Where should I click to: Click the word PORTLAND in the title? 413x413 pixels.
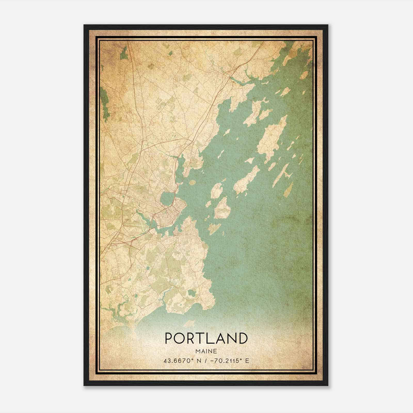click(206, 338)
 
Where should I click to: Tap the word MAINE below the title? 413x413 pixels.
click(206, 351)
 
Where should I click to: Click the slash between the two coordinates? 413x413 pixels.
click(205, 361)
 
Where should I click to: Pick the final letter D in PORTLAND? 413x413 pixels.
click(243, 338)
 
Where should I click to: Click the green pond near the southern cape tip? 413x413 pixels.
click(191, 293)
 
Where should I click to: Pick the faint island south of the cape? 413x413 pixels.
click(190, 323)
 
